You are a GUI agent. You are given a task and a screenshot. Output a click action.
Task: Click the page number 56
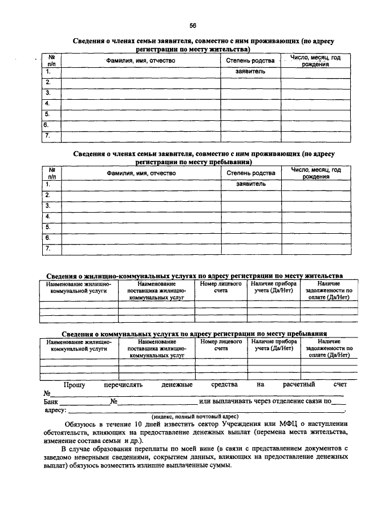point(193,26)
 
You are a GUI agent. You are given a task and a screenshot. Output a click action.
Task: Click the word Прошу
point(74,385)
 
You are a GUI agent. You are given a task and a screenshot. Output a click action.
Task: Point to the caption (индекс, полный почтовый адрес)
point(194,416)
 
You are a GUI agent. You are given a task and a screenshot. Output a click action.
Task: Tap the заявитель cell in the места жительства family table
point(250,72)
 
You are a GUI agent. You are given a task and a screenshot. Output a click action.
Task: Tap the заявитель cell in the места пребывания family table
point(250,184)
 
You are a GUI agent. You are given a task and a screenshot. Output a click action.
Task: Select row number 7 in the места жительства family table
point(48,136)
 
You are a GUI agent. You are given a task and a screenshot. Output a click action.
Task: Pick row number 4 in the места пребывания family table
point(48,216)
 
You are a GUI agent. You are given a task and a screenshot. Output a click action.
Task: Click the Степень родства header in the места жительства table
point(250,60)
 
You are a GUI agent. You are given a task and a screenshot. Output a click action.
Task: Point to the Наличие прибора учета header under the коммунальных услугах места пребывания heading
point(273,345)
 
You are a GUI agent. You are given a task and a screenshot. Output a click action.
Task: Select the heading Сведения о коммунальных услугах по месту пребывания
point(194,334)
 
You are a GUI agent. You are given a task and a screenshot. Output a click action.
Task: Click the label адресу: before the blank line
point(55,409)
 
